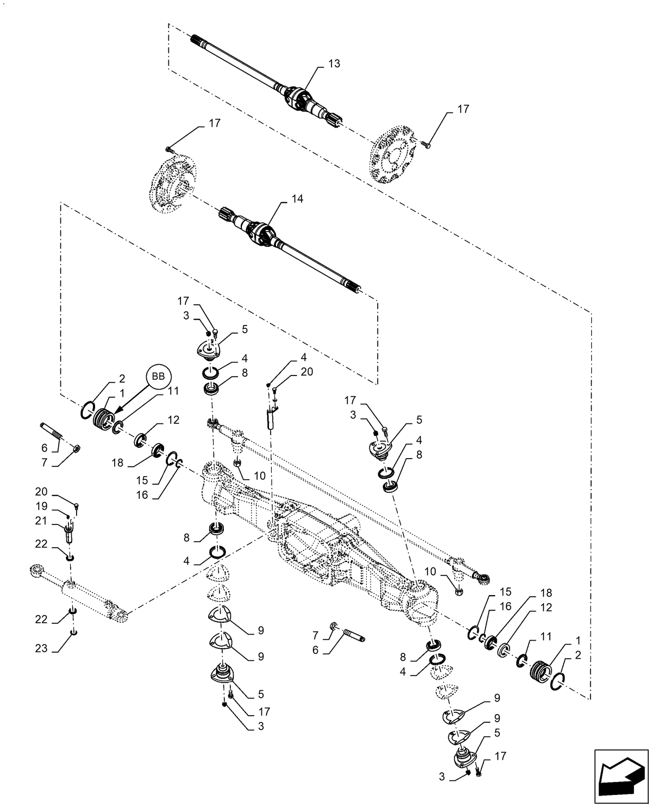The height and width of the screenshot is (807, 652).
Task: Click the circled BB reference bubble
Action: pos(158,376)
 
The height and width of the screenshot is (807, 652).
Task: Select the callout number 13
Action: pos(334,64)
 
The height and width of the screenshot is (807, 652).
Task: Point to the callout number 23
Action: pos(42,649)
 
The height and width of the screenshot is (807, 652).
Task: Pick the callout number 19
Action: pos(42,506)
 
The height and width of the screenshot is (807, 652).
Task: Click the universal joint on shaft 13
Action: pos(297,100)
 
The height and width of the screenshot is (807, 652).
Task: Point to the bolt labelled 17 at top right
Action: pos(427,145)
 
